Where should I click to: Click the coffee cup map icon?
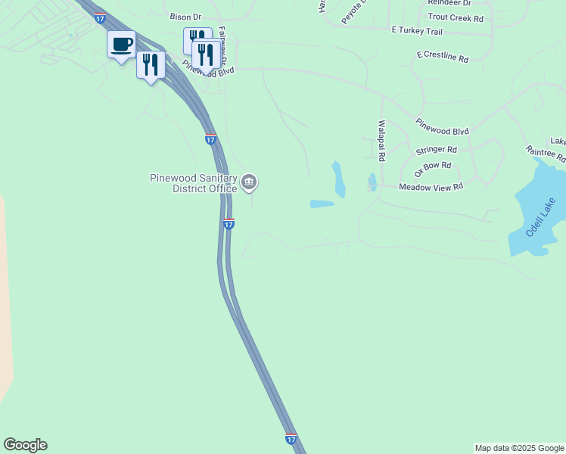[x=121, y=45]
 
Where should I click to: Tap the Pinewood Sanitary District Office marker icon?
[x=250, y=182]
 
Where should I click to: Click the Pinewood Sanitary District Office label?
[x=194, y=183]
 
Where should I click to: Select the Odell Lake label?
[x=542, y=216]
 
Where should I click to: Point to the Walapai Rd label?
[x=381, y=141]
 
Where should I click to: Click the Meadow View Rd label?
[x=431, y=186]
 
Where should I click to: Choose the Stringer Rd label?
[x=437, y=150]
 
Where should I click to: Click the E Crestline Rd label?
[x=443, y=58]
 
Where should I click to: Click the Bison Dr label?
[x=185, y=16]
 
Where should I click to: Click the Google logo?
[x=25, y=445]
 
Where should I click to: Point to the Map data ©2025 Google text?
[x=519, y=448]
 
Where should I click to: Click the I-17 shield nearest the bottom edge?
[x=291, y=438]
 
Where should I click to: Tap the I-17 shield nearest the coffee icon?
[x=100, y=17]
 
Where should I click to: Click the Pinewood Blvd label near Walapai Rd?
[x=442, y=126]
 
